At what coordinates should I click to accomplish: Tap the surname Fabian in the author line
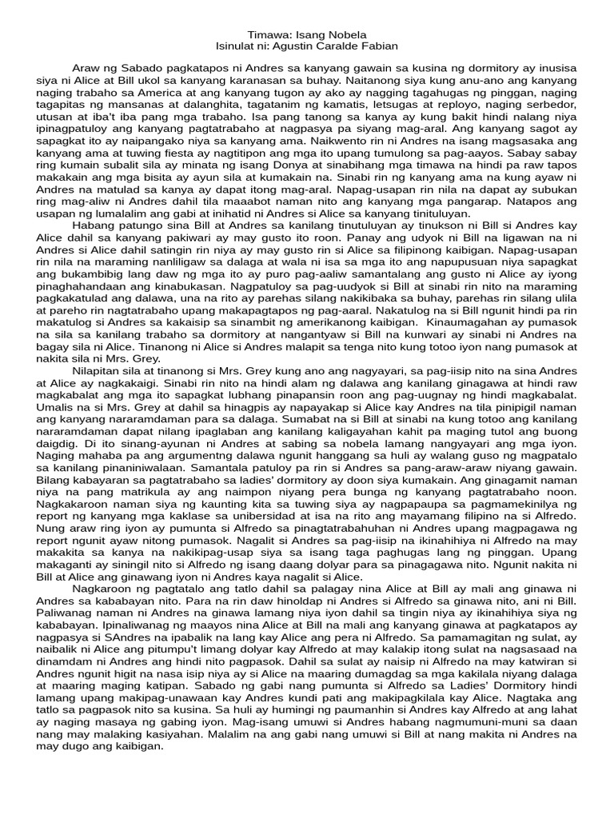(380, 47)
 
